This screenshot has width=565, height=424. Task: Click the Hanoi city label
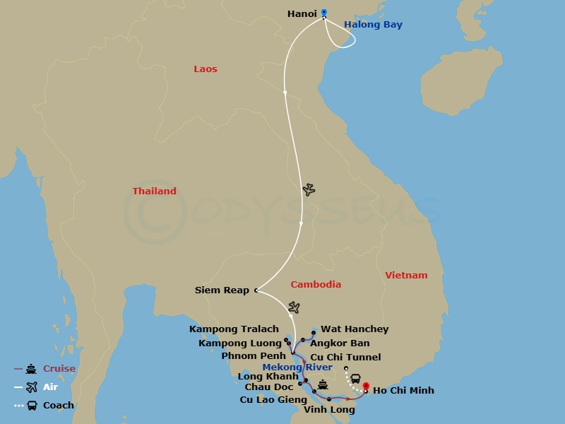(x=302, y=13)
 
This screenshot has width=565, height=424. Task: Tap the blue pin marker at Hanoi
(x=324, y=12)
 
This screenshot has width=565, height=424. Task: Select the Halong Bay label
(x=373, y=25)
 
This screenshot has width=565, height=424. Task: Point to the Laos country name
(x=206, y=69)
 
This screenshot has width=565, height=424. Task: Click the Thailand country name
(x=155, y=192)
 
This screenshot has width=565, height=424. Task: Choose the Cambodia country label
(x=316, y=285)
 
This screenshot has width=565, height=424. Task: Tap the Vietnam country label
(x=406, y=276)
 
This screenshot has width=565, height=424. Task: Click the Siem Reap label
(x=222, y=290)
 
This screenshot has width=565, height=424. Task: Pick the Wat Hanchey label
(x=355, y=329)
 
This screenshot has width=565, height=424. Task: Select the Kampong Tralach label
(x=234, y=329)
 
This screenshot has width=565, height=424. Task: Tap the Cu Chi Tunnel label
(x=345, y=358)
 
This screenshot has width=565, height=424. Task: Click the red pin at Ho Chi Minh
(x=366, y=387)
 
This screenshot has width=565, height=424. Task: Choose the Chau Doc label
(x=269, y=387)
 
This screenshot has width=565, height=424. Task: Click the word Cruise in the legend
(x=59, y=369)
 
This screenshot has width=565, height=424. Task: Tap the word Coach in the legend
(x=59, y=406)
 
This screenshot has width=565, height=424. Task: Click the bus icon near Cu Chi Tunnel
(x=356, y=379)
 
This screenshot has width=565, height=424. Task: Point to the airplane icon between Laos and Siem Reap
(x=309, y=189)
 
